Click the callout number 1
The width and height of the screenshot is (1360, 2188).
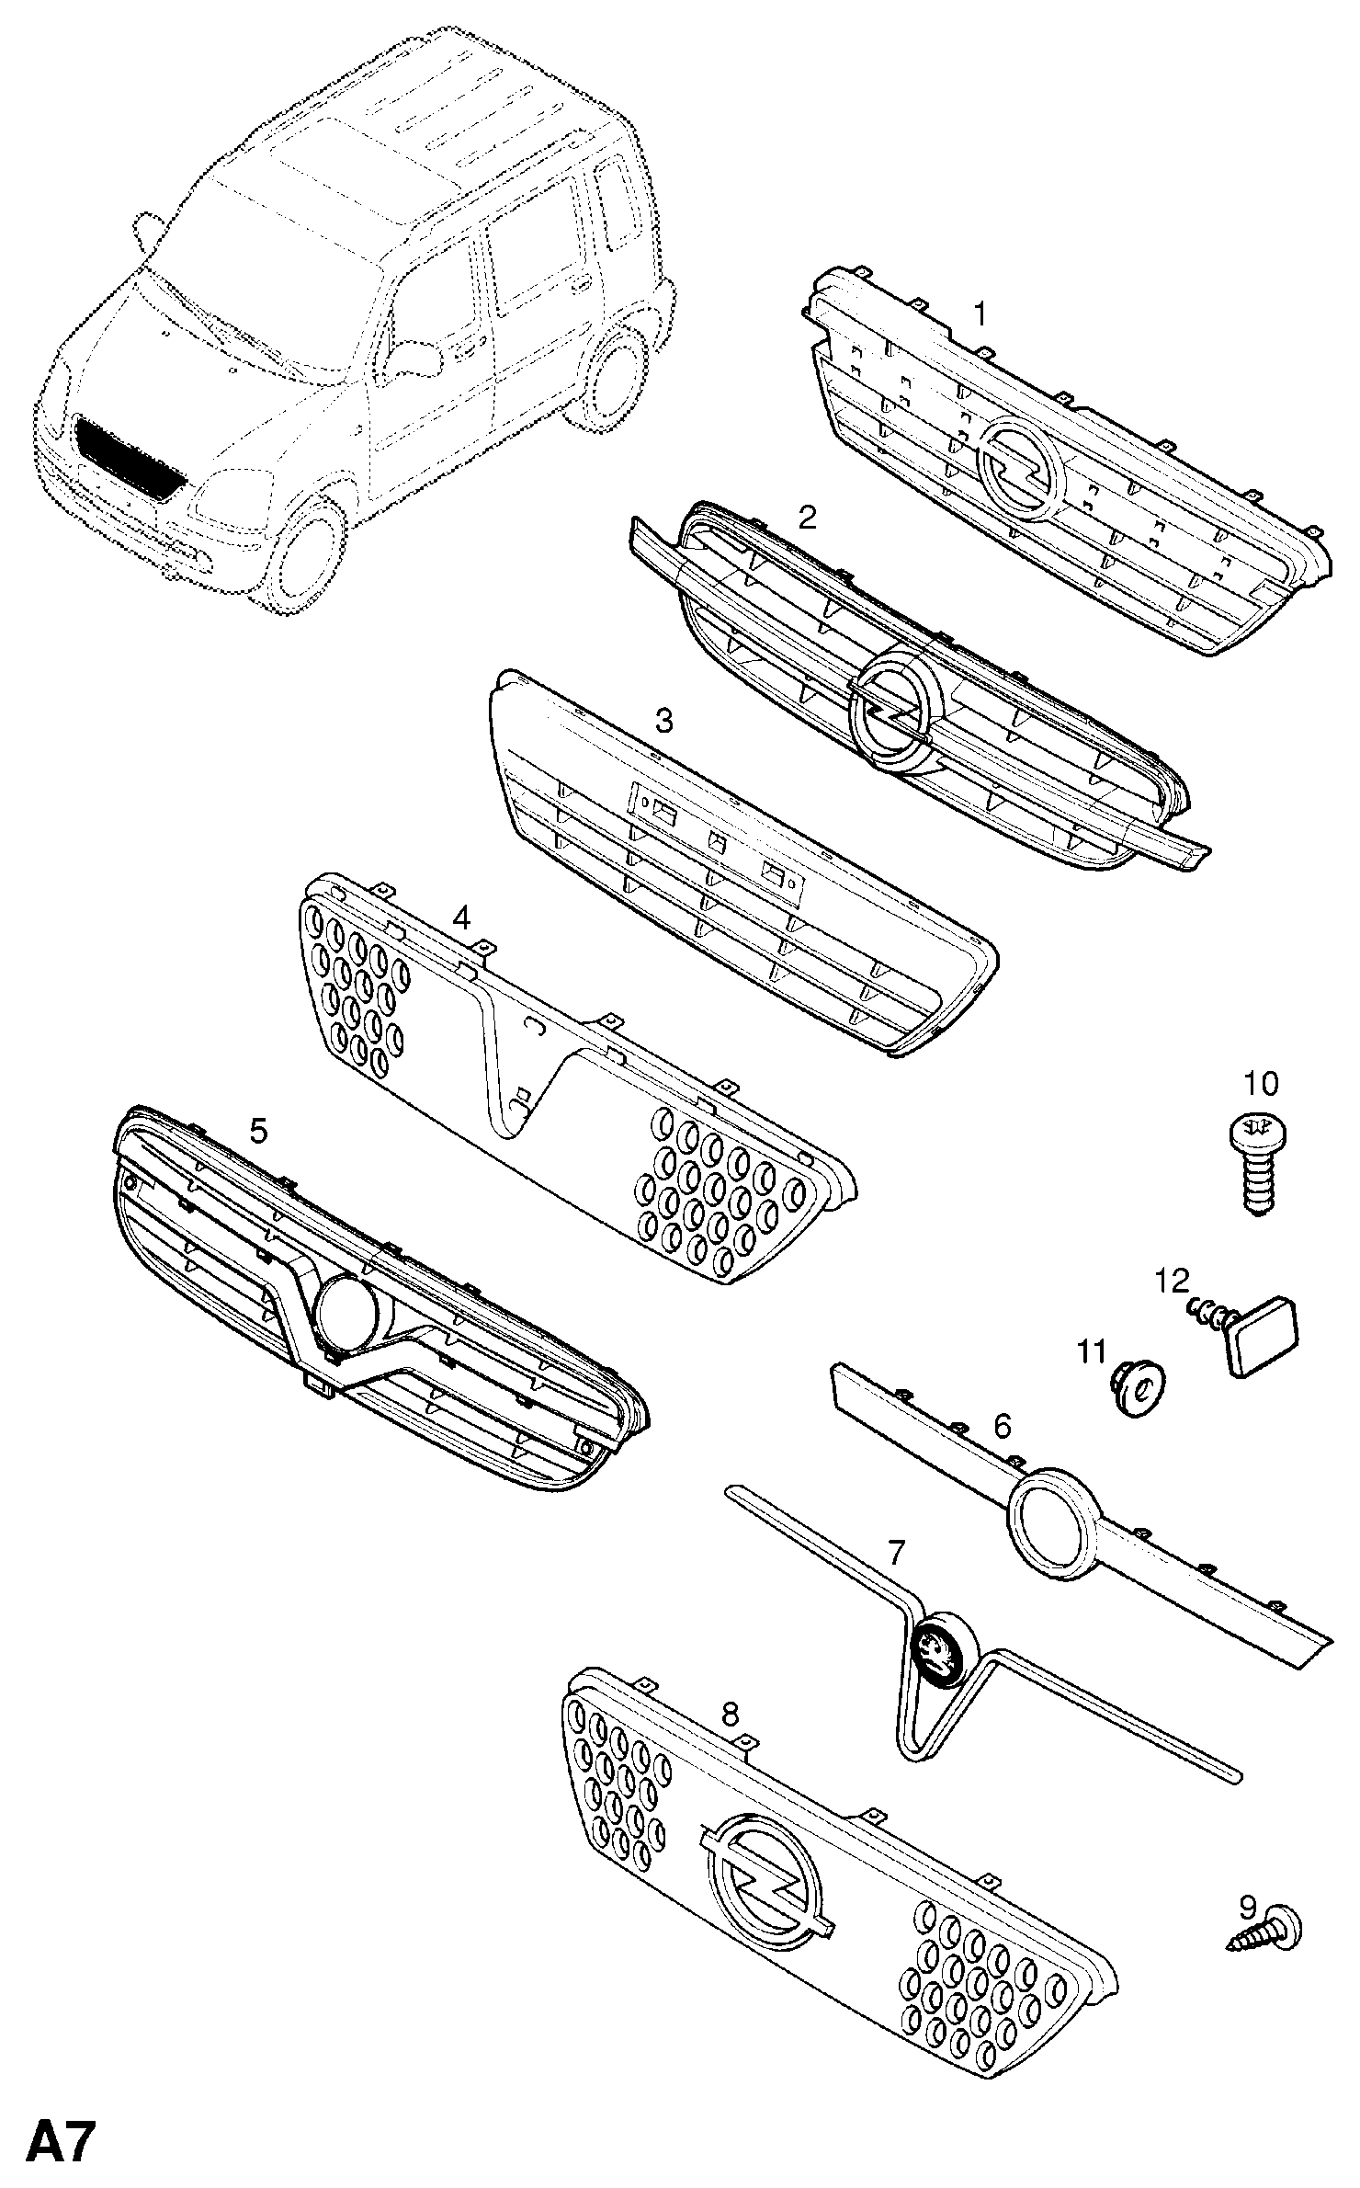click(x=980, y=314)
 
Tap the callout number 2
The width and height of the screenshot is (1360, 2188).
click(x=807, y=518)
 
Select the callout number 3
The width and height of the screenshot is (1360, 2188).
click(x=663, y=720)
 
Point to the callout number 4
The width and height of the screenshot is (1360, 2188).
click(x=461, y=917)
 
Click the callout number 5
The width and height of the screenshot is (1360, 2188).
click(x=259, y=1131)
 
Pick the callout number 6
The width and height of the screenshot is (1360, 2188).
click(x=1002, y=1426)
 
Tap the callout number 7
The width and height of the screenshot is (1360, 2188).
click(x=896, y=1553)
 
